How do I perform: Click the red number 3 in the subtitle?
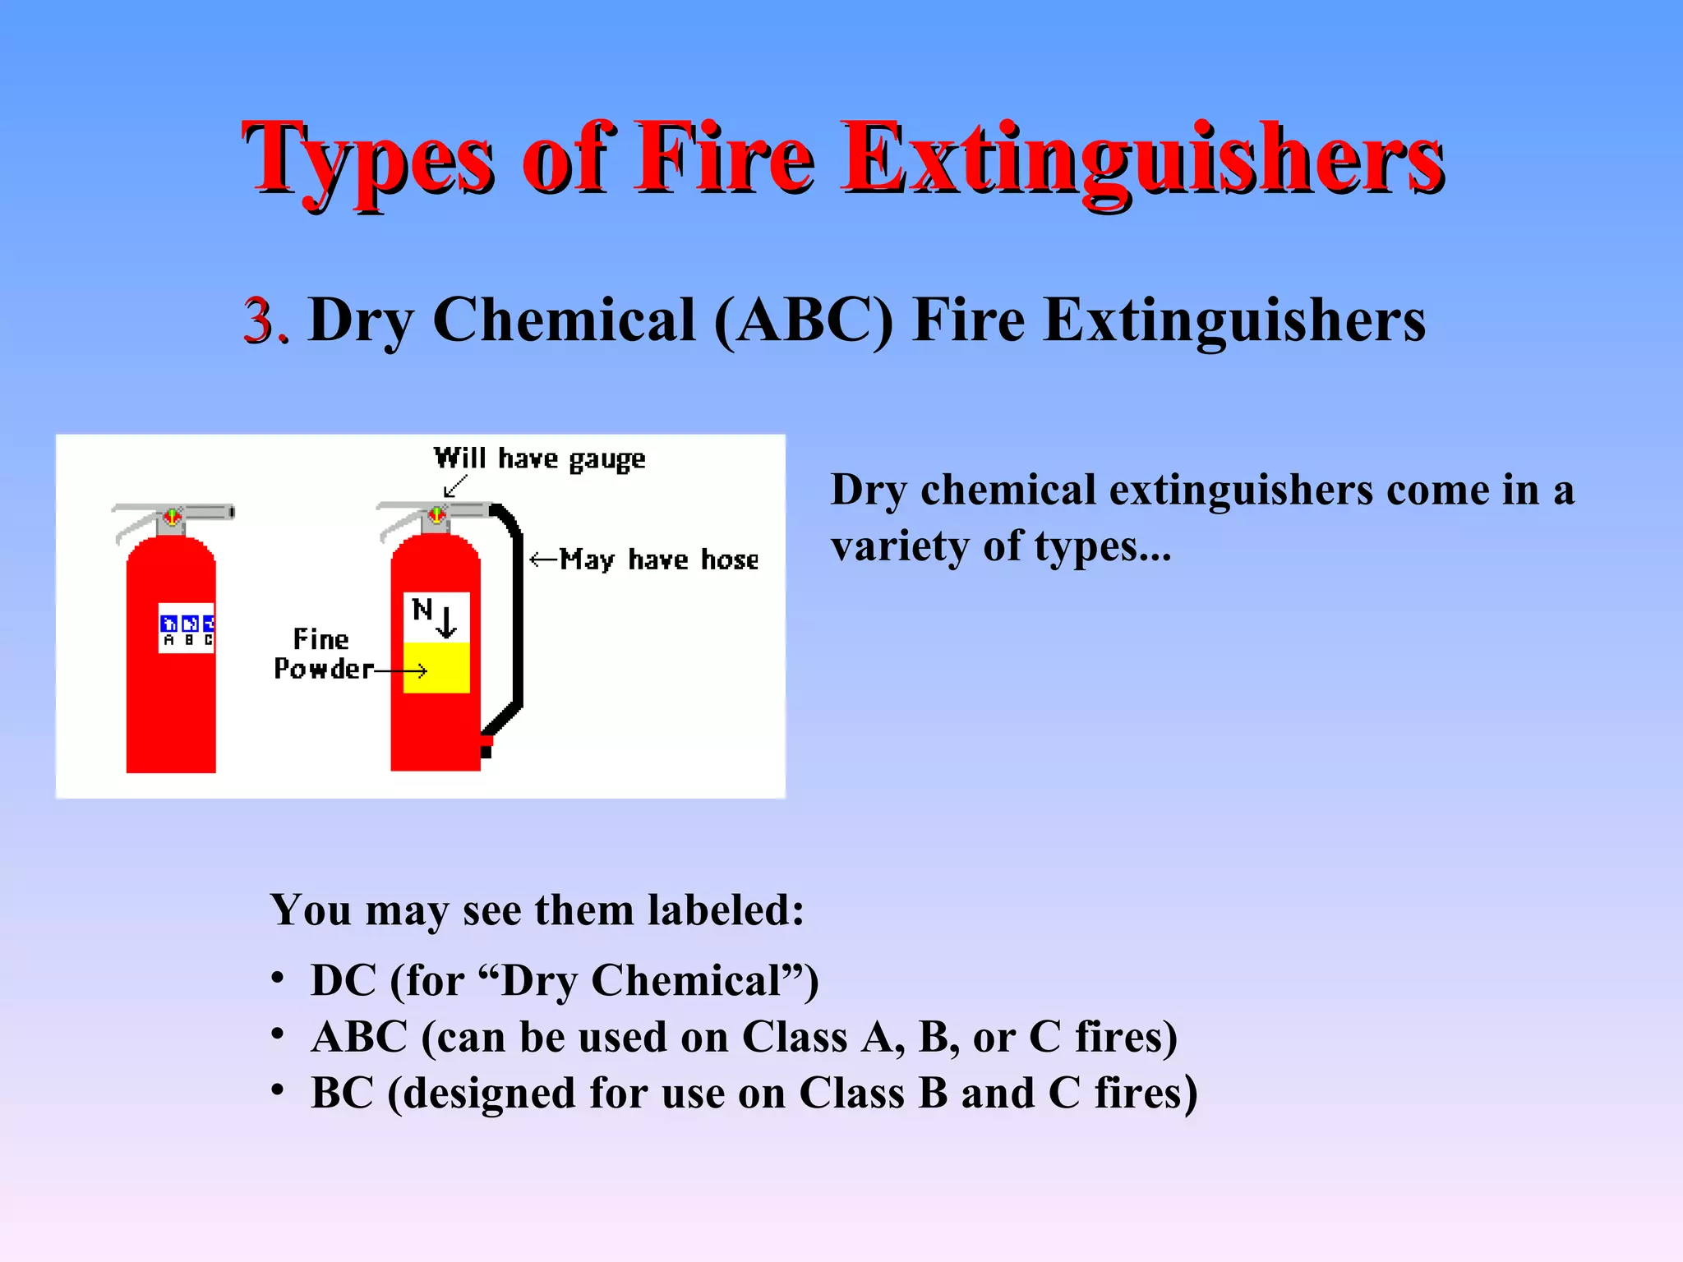(x=262, y=320)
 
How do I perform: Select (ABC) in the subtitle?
(x=803, y=320)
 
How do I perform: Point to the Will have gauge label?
(x=539, y=458)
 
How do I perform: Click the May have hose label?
(x=659, y=560)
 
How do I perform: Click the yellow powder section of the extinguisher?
(x=437, y=667)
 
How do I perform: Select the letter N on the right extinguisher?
(x=422, y=610)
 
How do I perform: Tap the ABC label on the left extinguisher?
(x=187, y=629)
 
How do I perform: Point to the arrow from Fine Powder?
(x=402, y=671)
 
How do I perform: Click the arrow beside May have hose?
(x=543, y=560)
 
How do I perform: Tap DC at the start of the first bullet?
(x=344, y=981)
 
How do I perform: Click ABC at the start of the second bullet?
(x=359, y=1037)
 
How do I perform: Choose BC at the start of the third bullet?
(x=342, y=1094)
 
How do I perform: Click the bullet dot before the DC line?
(x=279, y=978)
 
